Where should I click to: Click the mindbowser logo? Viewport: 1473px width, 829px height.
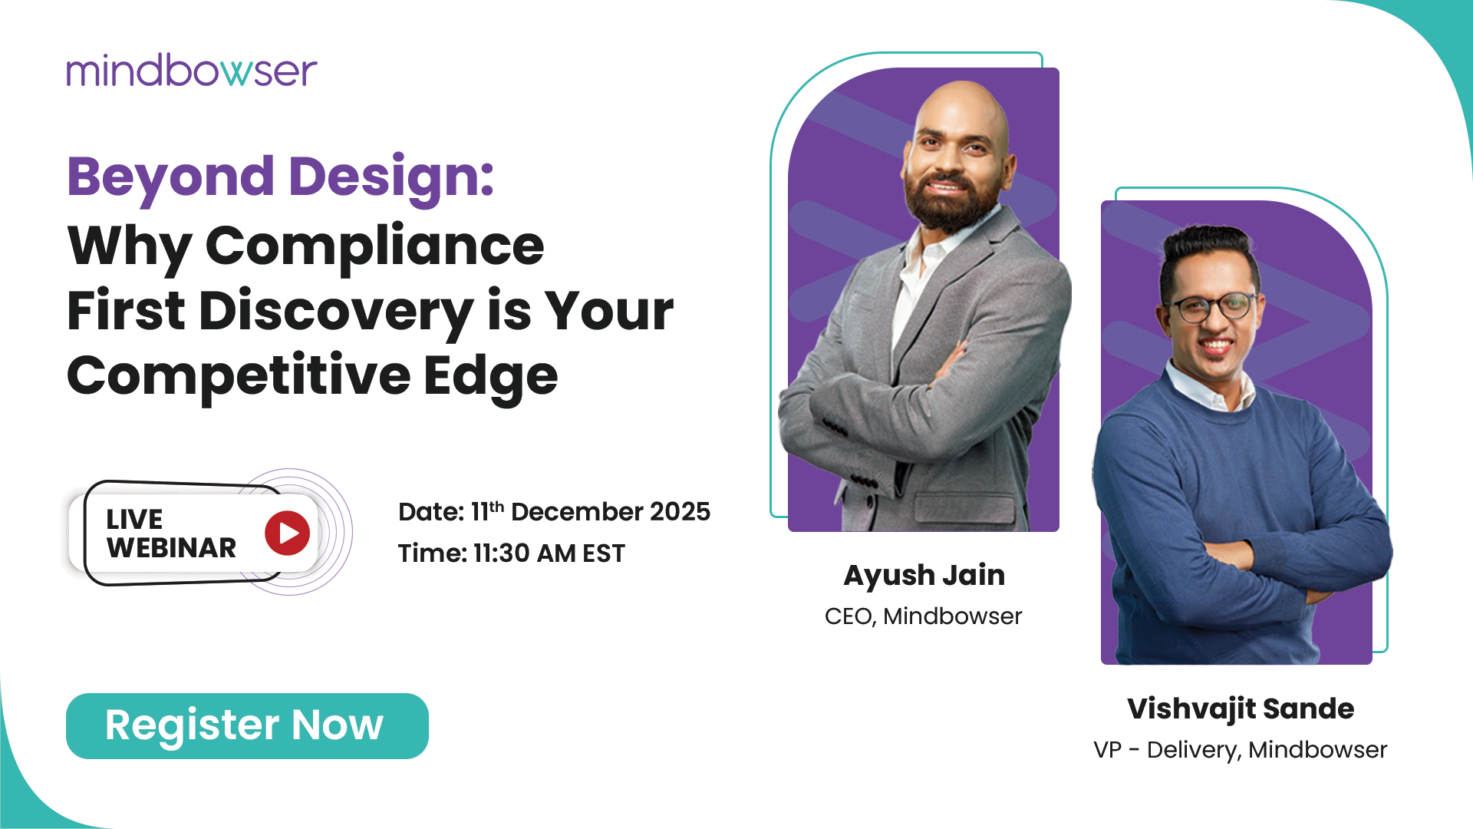coord(192,71)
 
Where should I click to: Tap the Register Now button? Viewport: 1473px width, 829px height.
coord(247,726)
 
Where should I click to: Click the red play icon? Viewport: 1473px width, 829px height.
coord(288,533)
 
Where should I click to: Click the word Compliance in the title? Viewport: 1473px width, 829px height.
coord(375,246)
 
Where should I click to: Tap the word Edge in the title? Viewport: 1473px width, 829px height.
coord(491,377)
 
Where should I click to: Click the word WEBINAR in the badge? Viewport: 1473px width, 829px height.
coord(172,548)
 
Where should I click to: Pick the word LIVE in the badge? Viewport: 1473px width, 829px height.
coord(134,520)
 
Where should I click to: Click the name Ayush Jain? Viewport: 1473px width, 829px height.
coord(924,576)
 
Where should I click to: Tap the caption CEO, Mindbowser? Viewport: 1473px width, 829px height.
coord(924,616)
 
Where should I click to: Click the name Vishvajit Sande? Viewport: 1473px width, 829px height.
coord(1241,709)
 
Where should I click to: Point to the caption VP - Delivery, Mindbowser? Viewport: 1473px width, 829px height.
coord(1241,750)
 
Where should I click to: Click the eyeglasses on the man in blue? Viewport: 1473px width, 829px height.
coord(1211,308)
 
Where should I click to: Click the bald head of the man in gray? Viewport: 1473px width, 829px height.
coord(962,107)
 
